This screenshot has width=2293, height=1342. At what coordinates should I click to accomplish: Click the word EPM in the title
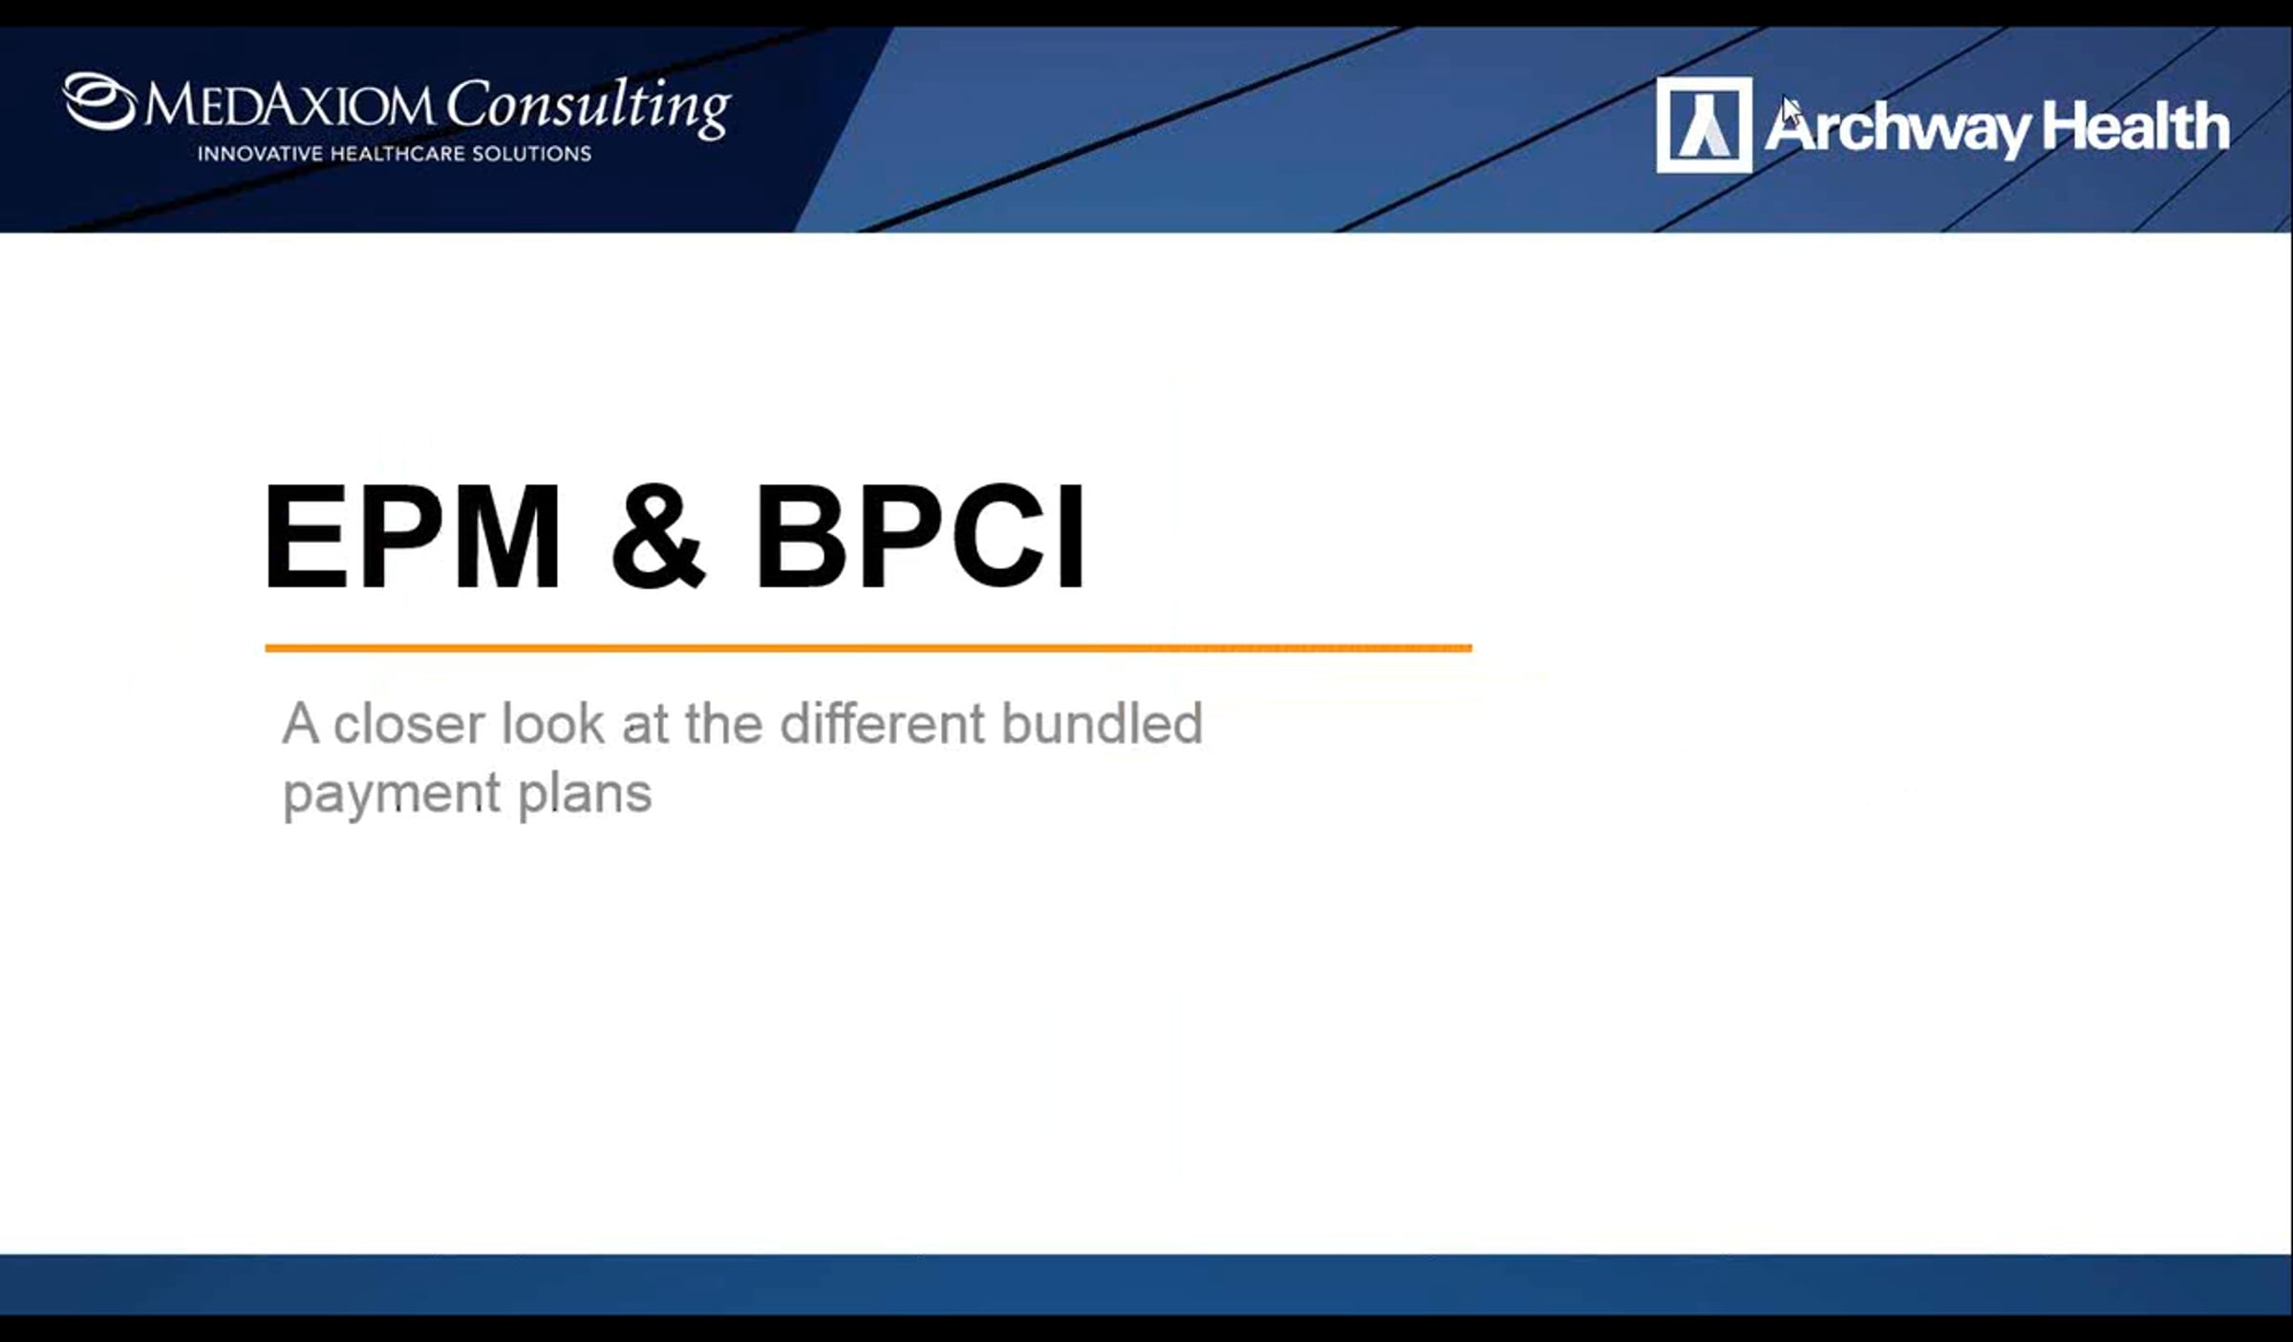pyautogui.click(x=412, y=536)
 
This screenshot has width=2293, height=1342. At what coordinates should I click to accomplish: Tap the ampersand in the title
pyautogui.click(x=658, y=536)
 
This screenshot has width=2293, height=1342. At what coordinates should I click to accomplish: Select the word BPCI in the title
pyautogui.click(x=920, y=536)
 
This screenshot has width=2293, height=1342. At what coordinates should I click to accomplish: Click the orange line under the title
pyautogui.click(x=868, y=648)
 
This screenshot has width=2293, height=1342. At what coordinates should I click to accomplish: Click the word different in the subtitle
pyautogui.click(x=883, y=723)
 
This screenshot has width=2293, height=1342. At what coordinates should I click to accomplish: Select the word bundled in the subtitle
pyautogui.click(x=1102, y=723)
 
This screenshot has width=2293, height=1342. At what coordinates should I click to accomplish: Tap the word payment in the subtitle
pyautogui.click(x=392, y=795)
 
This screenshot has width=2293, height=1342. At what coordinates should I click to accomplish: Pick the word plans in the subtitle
pyautogui.click(x=585, y=793)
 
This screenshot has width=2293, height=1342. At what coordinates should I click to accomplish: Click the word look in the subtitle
pyautogui.click(x=552, y=723)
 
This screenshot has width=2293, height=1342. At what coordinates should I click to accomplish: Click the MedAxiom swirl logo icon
pyautogui.click(x=99, y=101)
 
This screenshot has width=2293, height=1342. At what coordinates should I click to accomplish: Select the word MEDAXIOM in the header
pyautogui.click(x=289, y=105)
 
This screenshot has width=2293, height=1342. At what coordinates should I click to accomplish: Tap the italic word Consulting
pyautogui.click(x=589, y=107)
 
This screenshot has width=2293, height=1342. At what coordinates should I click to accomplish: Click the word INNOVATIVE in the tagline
pyautogui.click(x=260, y=154)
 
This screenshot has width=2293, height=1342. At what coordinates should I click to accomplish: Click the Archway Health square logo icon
pyautogui.click(x=1704, y=125)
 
